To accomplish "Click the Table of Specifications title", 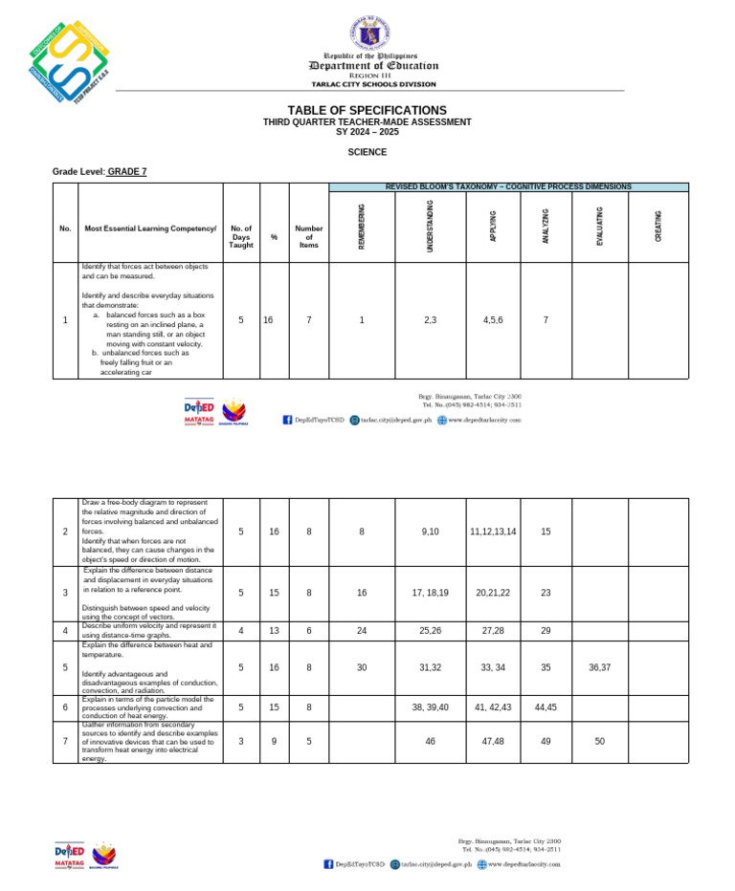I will (x=367, y=111).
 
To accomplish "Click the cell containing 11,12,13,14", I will (x=493, y=532).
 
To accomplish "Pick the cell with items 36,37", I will (x=599, y=667).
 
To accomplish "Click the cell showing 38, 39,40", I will (x=430, y=707).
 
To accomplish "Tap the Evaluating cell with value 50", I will (x=599, y=742).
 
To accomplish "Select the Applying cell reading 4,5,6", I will (x=493, y=321).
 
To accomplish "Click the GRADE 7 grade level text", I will (x=127, y=172).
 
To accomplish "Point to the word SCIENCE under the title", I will (x=367, y=152).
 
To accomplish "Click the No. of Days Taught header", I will (x=241, y=237).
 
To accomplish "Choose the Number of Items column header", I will (x=308, y=237).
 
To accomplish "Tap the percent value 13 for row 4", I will (x=274, y=631).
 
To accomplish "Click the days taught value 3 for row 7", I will (x=241, y=742).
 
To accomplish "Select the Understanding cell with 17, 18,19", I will (x=430, y=594).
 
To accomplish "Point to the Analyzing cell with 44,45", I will (x=546, y=707).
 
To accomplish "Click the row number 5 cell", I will (x=65, y=667).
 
